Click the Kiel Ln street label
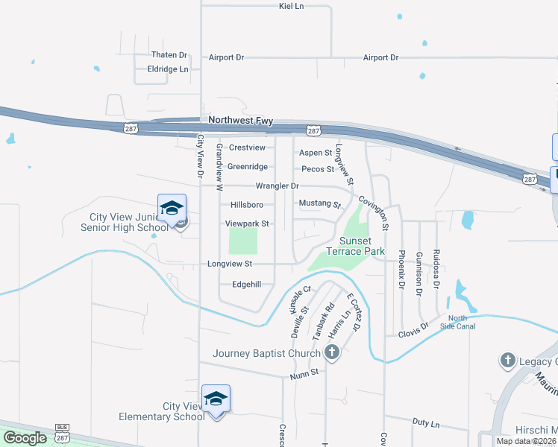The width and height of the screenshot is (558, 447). coord(291,6)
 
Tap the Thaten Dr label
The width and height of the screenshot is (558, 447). coord(169,55)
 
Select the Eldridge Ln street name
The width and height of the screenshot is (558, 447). coord(169,69)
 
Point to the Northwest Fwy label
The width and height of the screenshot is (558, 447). coord(241,120)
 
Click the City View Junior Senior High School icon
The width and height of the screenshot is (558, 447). coord(172,209)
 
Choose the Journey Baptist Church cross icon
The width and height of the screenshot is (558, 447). coord(331,353)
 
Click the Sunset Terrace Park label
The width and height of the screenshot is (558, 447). coord(362,246)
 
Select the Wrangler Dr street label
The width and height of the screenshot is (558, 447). coord(277,186)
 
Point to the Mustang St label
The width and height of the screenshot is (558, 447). coord(319,203)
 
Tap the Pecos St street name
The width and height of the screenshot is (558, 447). coord(316,169)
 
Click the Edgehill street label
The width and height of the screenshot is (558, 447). coord(247,284)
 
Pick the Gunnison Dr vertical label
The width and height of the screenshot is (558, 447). coord(418,269)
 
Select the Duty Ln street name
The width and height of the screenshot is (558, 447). coord(425,422)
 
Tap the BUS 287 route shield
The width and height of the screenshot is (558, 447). coord(62,432)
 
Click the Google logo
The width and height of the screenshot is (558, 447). coord(25,438)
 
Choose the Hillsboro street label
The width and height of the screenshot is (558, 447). coord(247,205)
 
